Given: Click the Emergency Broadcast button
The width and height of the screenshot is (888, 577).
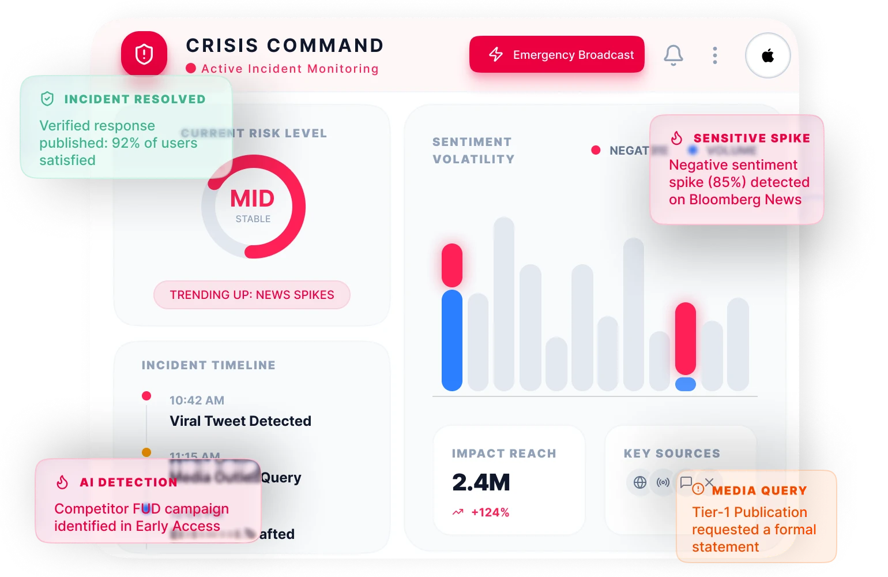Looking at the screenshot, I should point(556,55).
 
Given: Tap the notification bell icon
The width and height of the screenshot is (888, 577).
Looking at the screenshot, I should point(673,55).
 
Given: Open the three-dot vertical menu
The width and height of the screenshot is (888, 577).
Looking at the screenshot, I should point(715,55).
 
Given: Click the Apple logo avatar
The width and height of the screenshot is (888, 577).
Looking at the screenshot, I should point(767,56).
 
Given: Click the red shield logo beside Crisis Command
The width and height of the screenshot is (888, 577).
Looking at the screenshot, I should point(144,54).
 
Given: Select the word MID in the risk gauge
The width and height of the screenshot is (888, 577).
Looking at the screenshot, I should point(253,199).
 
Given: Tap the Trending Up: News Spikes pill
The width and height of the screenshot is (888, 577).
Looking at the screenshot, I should point(252,295).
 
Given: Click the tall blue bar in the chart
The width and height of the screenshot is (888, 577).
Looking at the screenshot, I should point(452,340).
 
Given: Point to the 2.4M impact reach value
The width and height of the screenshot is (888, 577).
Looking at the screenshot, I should point(481,482).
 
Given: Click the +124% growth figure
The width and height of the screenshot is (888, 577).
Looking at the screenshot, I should point(490,512).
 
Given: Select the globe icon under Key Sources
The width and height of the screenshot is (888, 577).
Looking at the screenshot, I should point(639,482).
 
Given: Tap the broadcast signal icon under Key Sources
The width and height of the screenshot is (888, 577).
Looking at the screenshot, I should point(663,482).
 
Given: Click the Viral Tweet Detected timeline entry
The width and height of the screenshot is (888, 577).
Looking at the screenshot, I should point(240,421).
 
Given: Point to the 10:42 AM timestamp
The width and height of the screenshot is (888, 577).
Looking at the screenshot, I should point(197,400).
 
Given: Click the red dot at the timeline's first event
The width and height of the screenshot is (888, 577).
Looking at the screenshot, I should point(146,396).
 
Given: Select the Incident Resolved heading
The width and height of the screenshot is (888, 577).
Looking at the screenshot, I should point(134,99).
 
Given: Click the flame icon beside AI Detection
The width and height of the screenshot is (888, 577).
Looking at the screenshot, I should point(62,482).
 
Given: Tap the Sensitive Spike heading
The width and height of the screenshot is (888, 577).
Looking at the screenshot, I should point(751,138).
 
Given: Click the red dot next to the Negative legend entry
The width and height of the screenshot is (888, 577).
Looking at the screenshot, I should point(596,150).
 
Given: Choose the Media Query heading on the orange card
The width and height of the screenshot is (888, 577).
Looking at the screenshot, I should point(758,490).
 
